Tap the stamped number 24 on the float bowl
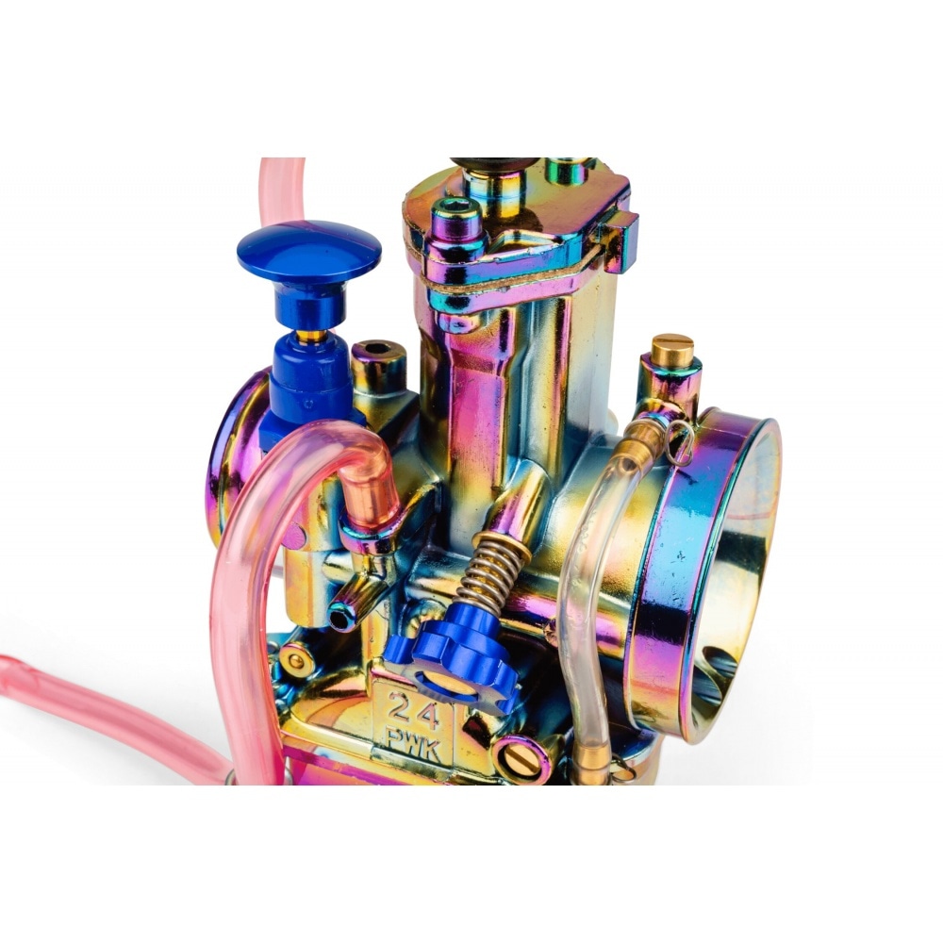tap(413, 710)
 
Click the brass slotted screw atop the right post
tap(672, 346)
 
